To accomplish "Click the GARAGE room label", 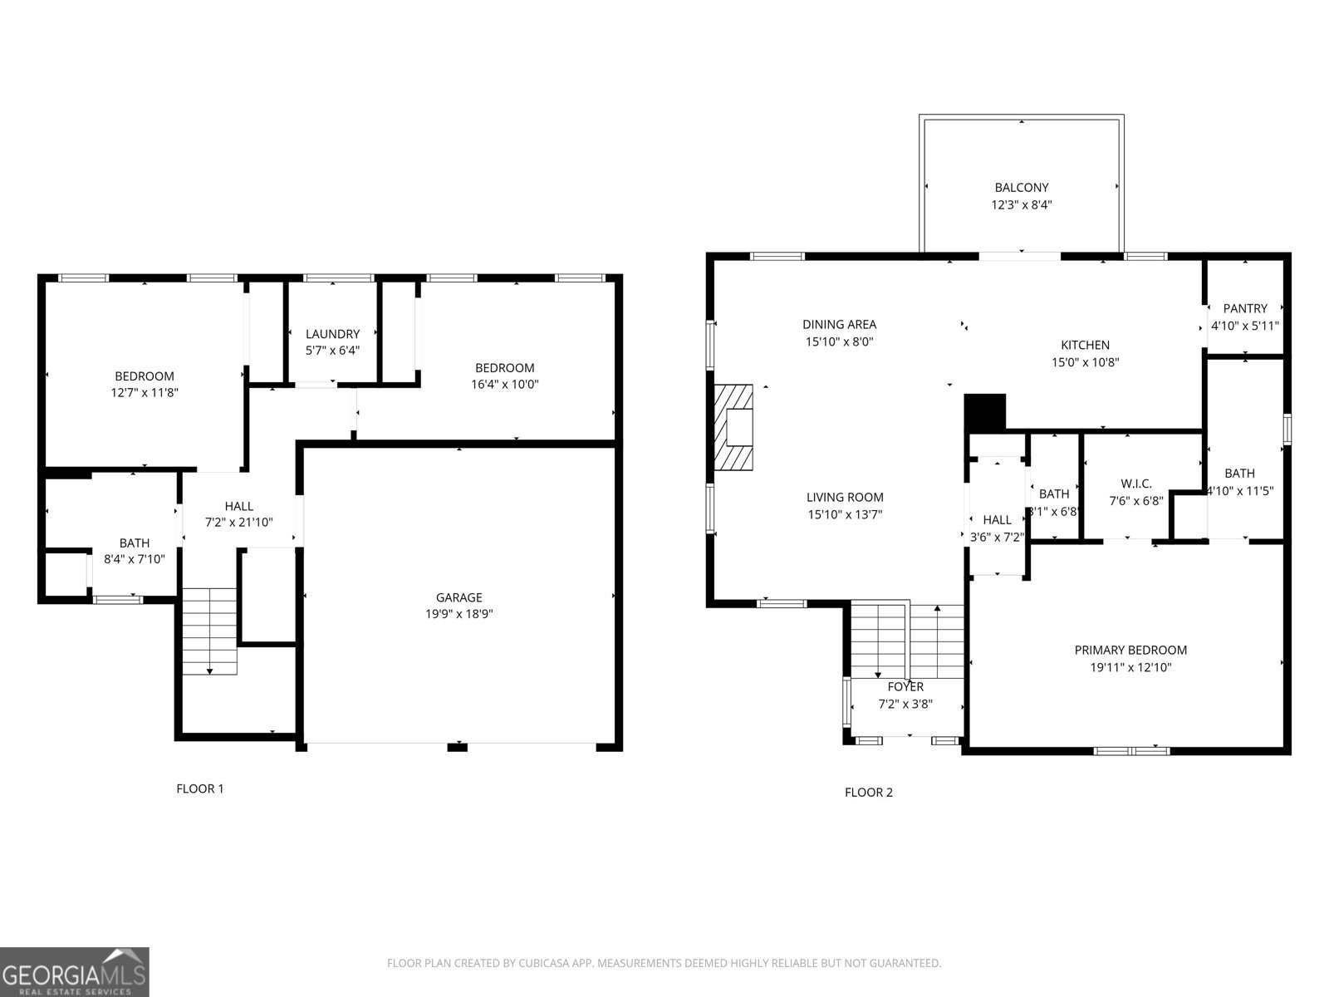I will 459,597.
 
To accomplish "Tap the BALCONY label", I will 1022,188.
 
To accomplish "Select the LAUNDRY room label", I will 332,334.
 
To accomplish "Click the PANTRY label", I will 1245,308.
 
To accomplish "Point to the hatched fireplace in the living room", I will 733,428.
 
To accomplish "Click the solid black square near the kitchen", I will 985,412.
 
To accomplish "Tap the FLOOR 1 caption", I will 200,788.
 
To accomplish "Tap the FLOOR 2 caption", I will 869,792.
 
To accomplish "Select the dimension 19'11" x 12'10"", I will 1130,667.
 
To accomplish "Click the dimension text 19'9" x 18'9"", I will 459,614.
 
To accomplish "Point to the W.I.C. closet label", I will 1135,484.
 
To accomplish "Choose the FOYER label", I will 905,687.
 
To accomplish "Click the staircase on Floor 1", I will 209,630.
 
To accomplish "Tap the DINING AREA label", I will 839,325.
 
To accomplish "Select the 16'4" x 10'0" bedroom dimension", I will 504,385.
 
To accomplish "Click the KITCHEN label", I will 1085,345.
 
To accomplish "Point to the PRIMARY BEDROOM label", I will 1130,651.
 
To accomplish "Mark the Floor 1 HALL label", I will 239,506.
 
